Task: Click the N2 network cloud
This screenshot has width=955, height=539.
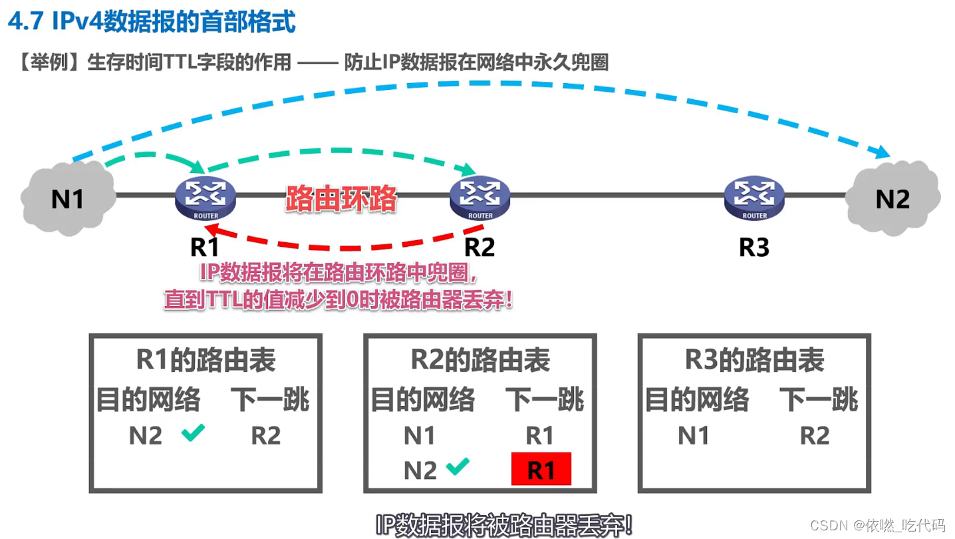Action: tap(892, 198)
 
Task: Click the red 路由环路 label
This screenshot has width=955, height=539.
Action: tap(342, 198)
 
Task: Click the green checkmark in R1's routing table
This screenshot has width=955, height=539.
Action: tap(193, 434)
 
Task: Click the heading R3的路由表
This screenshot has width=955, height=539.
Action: tap(754, 361)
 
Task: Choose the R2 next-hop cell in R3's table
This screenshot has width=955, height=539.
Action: tap(814, 436)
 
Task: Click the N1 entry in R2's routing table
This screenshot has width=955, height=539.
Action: tap(420, 436)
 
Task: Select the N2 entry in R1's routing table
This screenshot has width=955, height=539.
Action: tap(146, 436)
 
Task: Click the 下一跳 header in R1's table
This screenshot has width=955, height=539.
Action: tap(270, 400)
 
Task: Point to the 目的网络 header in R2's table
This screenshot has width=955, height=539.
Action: tap(423, 400)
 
